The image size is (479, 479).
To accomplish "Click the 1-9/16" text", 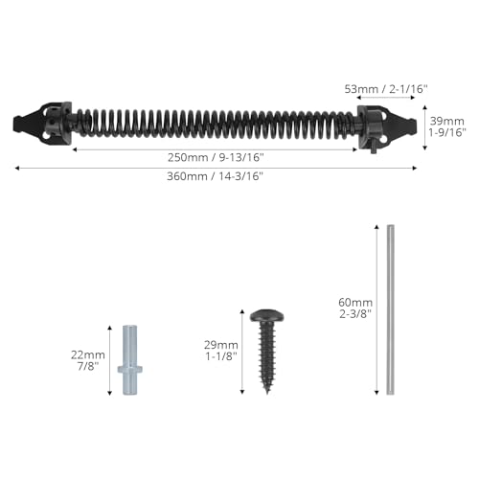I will pos(445,133).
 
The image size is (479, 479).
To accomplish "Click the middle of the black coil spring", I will pos(216,125).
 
